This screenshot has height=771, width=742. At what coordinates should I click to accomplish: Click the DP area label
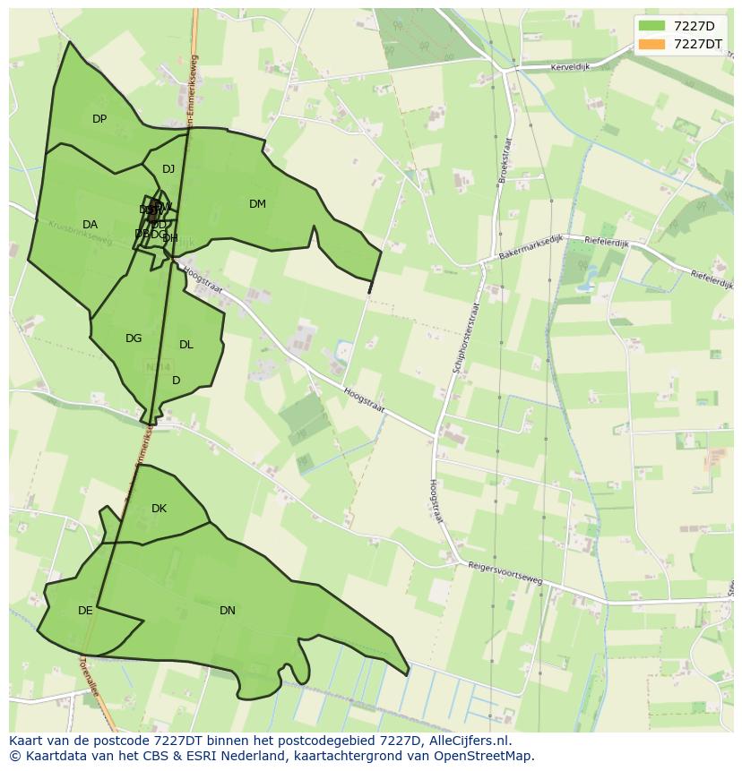tap(99, 119)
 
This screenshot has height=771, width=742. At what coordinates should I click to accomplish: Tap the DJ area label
tap(168, 169)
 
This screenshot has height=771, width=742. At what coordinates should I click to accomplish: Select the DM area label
tap(257, 204)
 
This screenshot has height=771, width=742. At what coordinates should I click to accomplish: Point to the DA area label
tap(90, 225)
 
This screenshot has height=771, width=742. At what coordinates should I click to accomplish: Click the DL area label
tap(186, 345)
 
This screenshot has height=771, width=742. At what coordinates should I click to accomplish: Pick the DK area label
tap(159, 509)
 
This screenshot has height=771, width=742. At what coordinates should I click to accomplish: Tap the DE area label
tap(85, 611)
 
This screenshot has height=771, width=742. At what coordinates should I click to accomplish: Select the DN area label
tap(228, 611)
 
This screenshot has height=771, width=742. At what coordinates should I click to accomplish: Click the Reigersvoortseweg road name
tap(505, 573)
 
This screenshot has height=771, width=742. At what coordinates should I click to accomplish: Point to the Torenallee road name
tap(89, 678)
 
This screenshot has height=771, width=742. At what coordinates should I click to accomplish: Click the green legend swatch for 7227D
tap(651, 26)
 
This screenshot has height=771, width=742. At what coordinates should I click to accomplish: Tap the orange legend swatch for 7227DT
tap(651, 44)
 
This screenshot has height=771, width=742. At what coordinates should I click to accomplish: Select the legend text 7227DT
tap(698, 44)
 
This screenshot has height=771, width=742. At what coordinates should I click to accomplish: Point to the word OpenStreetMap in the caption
tap(482, 756)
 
